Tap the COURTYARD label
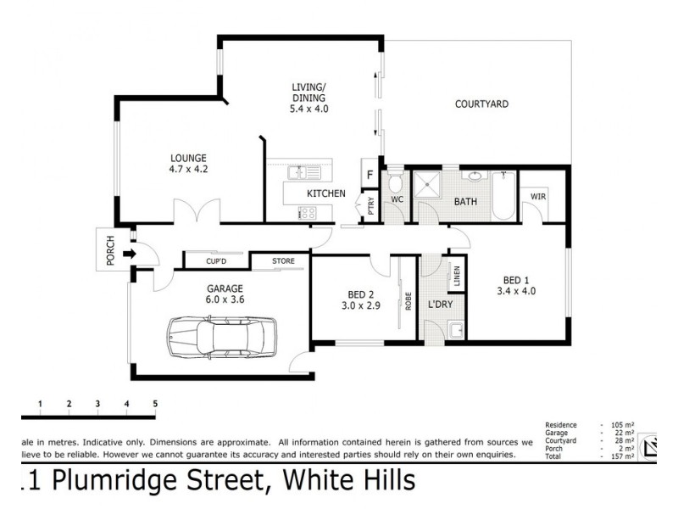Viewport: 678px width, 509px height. pyautogui.click(x=481, y=104)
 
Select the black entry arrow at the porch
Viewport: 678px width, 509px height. pyautogui.click(x=129, y=253)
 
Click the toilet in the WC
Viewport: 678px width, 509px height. pyautogui.click(x=395, y=185)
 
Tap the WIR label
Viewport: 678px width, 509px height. pyautogui.click(x=537, y=196)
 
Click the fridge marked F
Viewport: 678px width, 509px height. pyautogui.click(x=370, y=176)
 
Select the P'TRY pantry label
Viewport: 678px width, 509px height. pyautogui.click(x=370, y=208)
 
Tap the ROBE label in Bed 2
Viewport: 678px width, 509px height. pyautogui.click(x=408, y=301)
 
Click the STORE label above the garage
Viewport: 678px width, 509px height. pyautogui.click(x=283, y=261)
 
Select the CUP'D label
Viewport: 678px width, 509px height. pyautogui.click(x=215, y=261)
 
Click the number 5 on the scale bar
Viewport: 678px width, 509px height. pyautogui.click(x=155, y=403)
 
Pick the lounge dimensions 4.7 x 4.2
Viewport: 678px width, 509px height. pyautogui.click(x=188, y=169)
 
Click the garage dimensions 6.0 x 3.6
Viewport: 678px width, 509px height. pyautogui.click(x=224, y=299)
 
